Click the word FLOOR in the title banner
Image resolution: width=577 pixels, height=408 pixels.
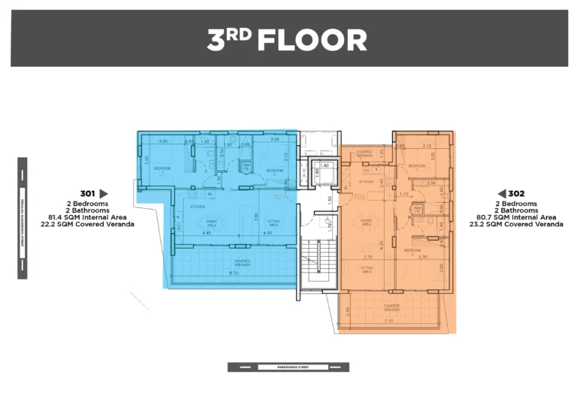pos(312,41)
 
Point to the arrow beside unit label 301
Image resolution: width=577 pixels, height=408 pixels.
pos(104,193)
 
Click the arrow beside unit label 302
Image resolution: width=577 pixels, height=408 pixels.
pos(502,193)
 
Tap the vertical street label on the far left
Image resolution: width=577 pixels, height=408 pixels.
pos(22,218)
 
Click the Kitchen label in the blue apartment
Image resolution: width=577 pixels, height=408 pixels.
pos(198,206)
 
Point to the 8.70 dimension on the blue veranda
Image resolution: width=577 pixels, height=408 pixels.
pos(234,274)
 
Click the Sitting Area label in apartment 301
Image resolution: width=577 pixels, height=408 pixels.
pos(273,222)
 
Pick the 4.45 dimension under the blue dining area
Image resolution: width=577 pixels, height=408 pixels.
pos(208,233)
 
